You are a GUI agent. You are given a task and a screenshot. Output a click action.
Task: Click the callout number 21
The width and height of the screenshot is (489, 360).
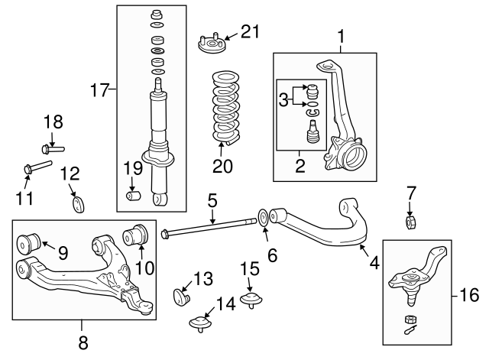(250, 31)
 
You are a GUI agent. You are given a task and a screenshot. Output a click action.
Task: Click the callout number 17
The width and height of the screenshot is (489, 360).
(100, 90)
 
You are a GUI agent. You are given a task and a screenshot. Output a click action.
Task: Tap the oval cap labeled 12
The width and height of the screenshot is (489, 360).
(78, 203)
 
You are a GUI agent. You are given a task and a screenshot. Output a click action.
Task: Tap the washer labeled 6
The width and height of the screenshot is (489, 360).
(264, 219)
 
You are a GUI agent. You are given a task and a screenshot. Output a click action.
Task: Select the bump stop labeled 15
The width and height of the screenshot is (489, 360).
(249, 297)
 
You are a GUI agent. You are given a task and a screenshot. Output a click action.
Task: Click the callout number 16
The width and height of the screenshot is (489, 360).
(468, 293)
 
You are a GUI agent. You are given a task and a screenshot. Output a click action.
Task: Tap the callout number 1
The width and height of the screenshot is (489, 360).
(341, 35)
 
